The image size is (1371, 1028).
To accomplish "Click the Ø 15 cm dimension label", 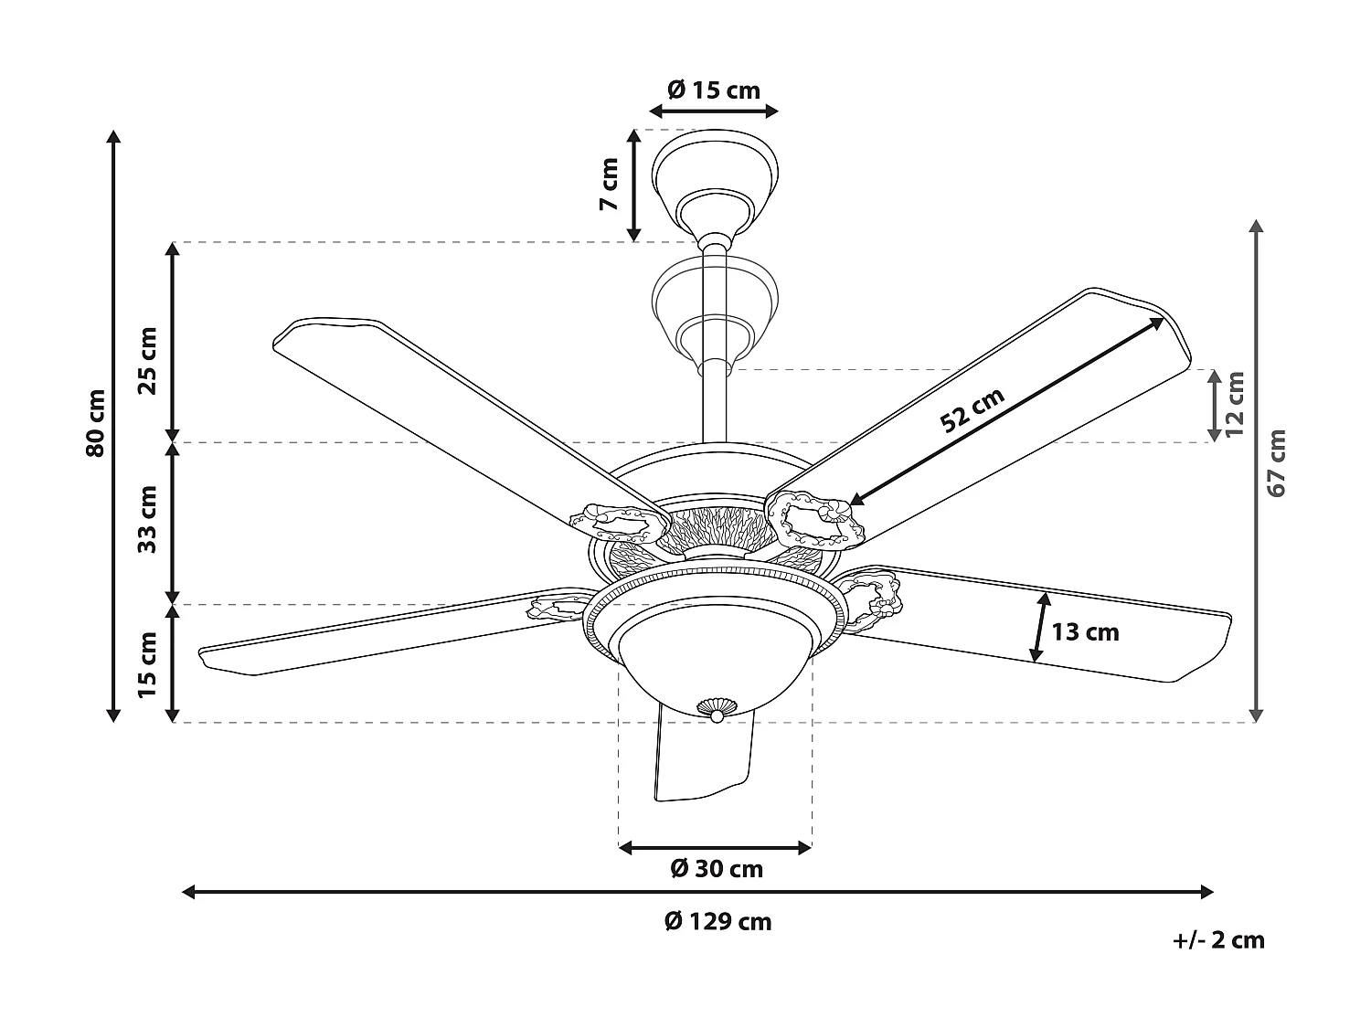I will [714, 90].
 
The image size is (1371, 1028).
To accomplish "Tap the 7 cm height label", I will [610, 184].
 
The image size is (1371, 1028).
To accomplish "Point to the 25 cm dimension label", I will [147, 359].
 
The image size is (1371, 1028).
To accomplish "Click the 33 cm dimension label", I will [147, 519].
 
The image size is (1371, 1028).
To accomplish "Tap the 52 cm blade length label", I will [972, 408].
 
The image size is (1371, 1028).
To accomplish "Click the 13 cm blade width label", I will [1085, 631].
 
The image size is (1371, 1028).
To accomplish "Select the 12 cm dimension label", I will [1236, 404].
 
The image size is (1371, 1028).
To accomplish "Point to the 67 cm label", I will [1277, 463].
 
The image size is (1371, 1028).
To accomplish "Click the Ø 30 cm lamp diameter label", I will [717, 868].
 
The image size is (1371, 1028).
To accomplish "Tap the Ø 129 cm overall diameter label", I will [717, 921].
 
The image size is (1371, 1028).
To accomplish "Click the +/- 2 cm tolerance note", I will [1218, 939].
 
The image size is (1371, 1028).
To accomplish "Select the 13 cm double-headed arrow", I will [1040, 627].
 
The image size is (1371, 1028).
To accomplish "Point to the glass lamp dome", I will [715, 653].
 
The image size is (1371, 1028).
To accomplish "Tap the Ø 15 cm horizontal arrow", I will [714, 111].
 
